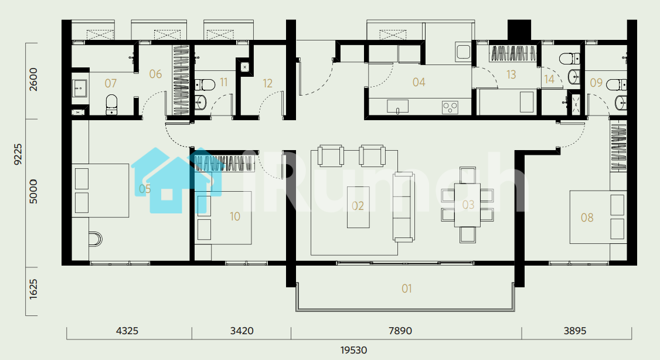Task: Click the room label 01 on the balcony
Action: [x=407, y=288]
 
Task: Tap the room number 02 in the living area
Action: [x=358, y=206]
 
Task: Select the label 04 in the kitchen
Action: [x=419, y=82]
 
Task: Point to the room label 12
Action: [x=268, y=83]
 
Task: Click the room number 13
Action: [x=511, y=74]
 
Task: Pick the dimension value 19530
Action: [x=353, y=350]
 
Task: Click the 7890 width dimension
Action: [x=400, y=331]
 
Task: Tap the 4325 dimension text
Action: [x=127, y=331]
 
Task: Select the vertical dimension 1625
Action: [x=33, y=289]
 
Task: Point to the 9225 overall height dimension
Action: [x=18, y=154]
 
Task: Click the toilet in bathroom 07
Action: [x=111, y=104]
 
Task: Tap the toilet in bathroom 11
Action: [x=205, y=84]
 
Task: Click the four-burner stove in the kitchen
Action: [x=450, y=107]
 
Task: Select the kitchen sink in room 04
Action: [x=398, y=106]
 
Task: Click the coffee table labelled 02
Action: [x=358, y=207]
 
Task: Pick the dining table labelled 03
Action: [x=467, y=205]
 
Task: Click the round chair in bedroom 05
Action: [x=96, y=239]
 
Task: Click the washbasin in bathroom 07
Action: [x=80, y=88]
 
